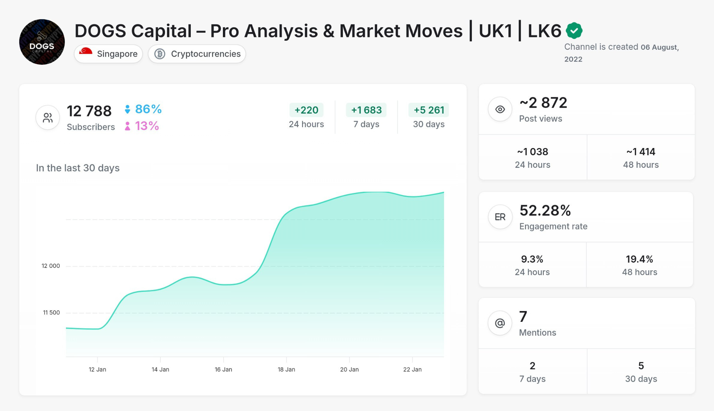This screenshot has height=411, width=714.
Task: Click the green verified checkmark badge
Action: (574, 31)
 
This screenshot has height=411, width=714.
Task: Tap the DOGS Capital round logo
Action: (42, 42)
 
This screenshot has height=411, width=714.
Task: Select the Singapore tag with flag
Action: (108, 54)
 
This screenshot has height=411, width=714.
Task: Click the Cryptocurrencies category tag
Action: (197, 54)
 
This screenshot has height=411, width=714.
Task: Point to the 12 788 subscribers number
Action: (89, 111)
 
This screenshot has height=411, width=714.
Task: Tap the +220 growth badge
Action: (306, 110)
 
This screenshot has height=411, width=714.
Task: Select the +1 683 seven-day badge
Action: (366, 110)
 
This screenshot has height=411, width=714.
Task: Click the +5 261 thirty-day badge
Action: (429, 110)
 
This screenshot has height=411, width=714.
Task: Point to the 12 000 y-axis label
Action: (51, 266)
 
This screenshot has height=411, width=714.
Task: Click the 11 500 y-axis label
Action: (51, 312)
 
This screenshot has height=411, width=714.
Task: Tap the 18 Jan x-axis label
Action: (286, 370)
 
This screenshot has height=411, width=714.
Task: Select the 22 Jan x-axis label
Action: (412, 370)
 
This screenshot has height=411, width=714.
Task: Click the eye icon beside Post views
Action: (500, 109)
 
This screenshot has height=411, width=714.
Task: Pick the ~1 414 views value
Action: (641, 152)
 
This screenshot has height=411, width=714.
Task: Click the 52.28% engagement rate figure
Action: (545, 210)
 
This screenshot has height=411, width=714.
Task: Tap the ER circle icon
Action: (500, 217)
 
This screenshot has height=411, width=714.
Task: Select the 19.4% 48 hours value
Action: (639, 259)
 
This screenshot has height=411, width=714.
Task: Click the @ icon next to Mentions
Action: (500, 323)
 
